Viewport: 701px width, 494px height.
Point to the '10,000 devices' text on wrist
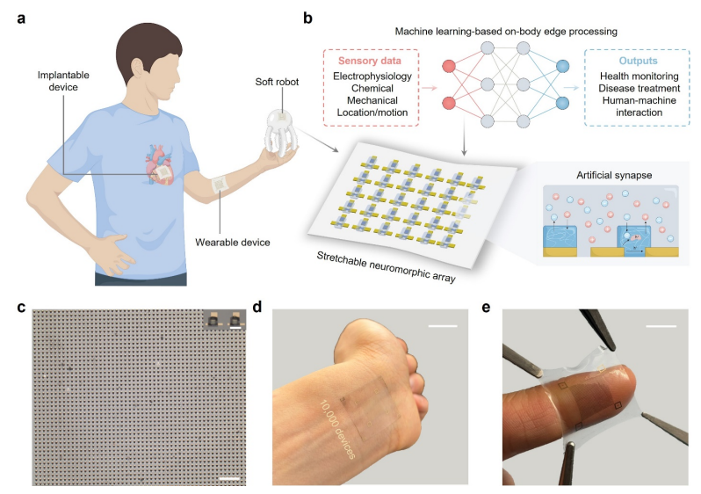click(x=335, y=430)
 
